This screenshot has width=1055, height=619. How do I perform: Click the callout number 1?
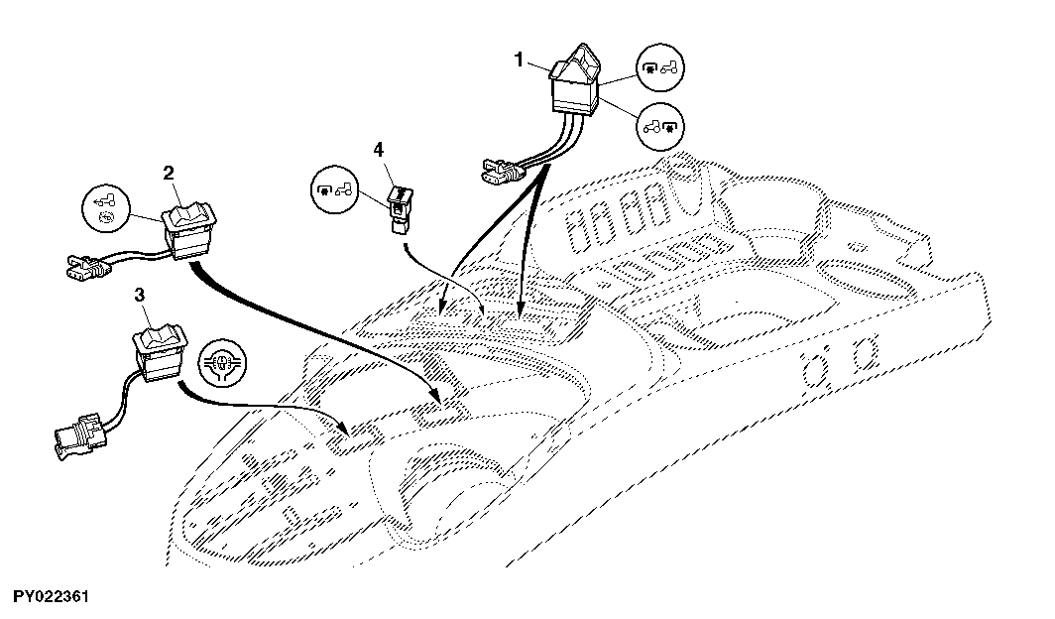[519, 60]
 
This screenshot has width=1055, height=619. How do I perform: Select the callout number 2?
[169, 173]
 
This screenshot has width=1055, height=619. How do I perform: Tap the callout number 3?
[139, 295]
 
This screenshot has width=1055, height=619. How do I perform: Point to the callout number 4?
[379, 150]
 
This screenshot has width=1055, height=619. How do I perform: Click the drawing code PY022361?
[52, 597]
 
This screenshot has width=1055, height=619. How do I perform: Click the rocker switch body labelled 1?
[575, 80]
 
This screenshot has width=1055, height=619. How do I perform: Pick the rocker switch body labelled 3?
[160, 352]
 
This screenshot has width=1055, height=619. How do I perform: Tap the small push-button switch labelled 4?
[400, 209]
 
